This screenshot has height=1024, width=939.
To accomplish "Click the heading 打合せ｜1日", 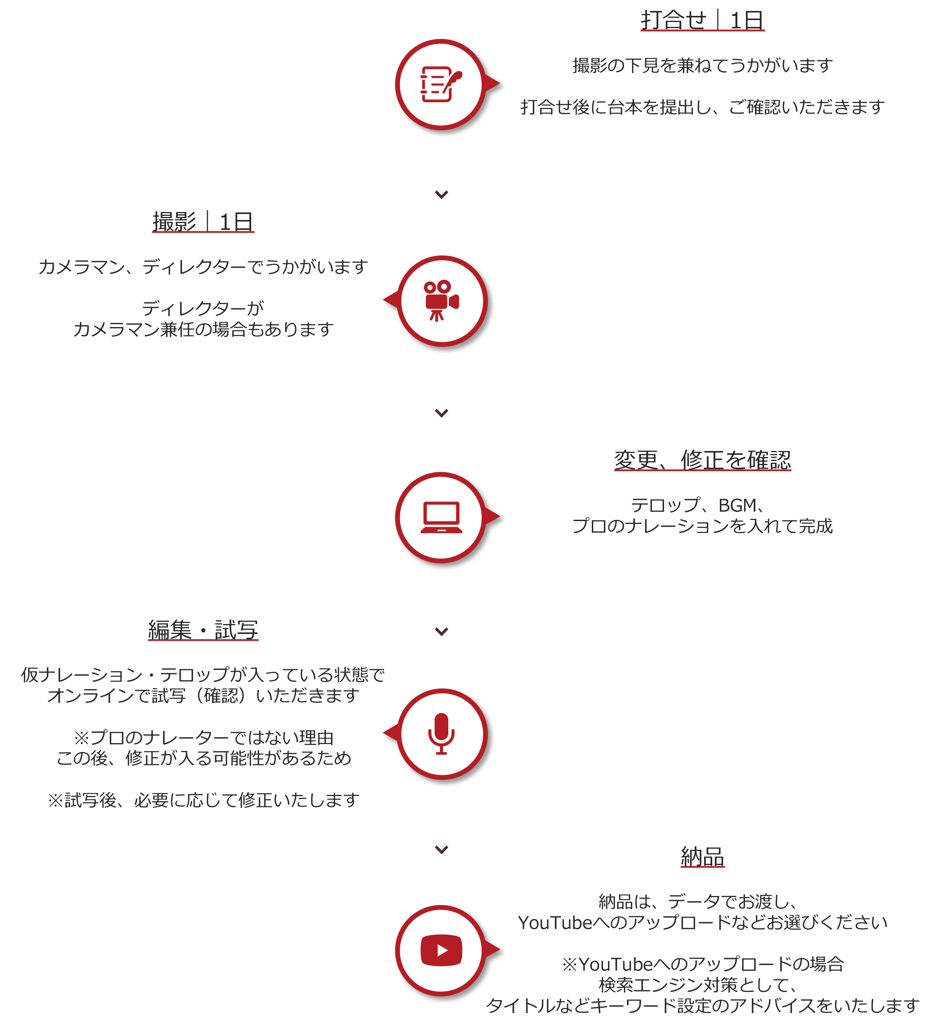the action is [702, 20].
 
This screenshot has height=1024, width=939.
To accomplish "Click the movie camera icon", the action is [441, 300].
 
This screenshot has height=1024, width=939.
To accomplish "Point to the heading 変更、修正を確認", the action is [702, 460].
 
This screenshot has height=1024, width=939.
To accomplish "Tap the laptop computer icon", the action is [441, 517].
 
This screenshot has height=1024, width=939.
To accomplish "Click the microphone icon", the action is [441, 733].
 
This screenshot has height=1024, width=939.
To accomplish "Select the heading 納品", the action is [702, 856].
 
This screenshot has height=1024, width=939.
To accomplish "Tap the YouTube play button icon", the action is [441, 950].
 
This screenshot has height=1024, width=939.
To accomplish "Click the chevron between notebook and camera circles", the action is [441, 195].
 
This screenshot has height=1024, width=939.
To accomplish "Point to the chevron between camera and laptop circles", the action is [441, 413].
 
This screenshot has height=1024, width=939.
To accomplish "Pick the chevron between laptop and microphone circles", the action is [441, 632].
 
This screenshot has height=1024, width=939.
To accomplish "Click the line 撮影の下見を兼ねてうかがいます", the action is [702, 66].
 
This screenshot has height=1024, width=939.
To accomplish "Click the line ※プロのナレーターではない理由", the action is [203, 737].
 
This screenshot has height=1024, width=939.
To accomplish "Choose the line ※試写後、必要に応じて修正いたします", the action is [203, 801].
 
